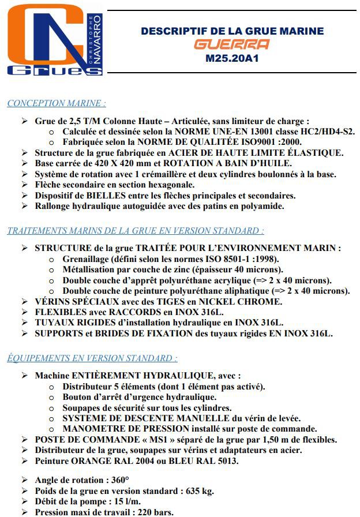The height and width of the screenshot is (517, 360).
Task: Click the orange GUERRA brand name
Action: coord(231,44)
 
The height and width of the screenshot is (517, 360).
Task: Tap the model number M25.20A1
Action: coord(232,58)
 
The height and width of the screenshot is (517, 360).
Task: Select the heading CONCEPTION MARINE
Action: coord(56,104)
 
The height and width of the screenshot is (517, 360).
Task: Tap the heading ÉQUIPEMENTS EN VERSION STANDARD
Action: coord(92,358)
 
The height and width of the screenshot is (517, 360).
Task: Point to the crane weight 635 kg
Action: coord(200,490)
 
